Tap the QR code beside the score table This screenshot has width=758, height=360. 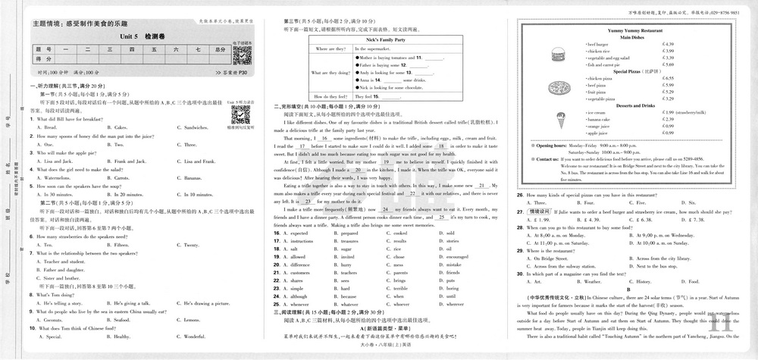[241, 55]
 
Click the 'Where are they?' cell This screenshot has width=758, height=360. [330, 48]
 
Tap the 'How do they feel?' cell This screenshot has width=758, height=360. [330, 97]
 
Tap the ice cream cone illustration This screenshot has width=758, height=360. [550, 121]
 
